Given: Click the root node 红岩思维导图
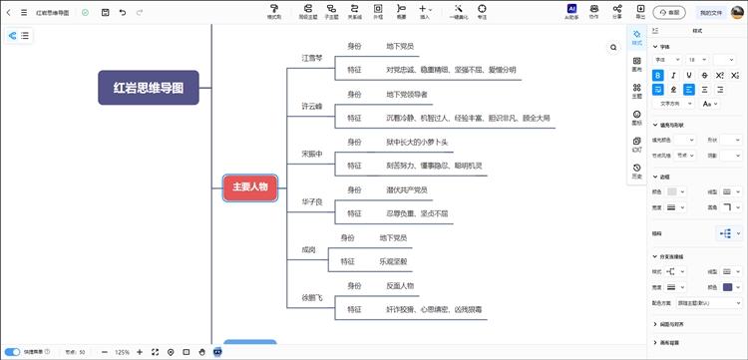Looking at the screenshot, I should tap(149, 88).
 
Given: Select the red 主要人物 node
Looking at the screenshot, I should tap(249, 186).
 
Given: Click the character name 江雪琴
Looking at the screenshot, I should tap(312, 59).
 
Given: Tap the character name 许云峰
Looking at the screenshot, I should tap(312, 106).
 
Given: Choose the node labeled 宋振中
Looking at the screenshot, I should tap(312, 154).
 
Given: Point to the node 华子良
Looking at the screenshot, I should tap(312, 202).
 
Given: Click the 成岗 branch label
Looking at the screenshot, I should tap(309, 249).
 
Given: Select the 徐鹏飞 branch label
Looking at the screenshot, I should tap(312, 298).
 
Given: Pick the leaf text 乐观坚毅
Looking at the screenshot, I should tap(394, 261).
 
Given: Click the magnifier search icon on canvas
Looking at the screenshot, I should tap(613, 47).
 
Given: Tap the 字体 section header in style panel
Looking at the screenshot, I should tap(665, 47).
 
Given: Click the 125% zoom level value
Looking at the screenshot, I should tap(123, 352).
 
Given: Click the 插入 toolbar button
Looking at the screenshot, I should tap(426, 12).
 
